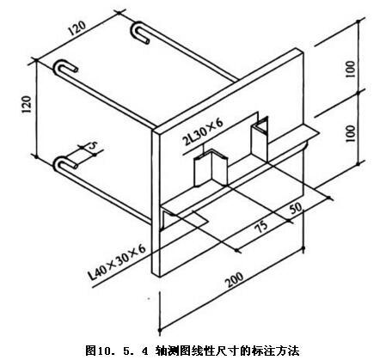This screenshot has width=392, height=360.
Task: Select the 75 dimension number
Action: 261,226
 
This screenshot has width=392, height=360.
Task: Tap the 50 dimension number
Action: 296,208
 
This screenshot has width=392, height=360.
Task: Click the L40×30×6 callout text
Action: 117,262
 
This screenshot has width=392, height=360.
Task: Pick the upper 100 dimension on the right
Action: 350,69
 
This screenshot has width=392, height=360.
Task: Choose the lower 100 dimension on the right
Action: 350,133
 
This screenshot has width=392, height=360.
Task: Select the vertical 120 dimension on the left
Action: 27,104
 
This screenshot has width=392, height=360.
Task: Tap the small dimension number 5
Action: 92,145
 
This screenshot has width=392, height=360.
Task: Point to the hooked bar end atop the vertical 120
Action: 65,68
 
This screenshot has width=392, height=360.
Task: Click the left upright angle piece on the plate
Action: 211,168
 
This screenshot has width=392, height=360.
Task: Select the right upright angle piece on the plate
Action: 260,138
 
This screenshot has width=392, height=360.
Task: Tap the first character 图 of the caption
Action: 91,351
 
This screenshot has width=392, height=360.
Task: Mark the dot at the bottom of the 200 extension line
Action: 160,331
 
